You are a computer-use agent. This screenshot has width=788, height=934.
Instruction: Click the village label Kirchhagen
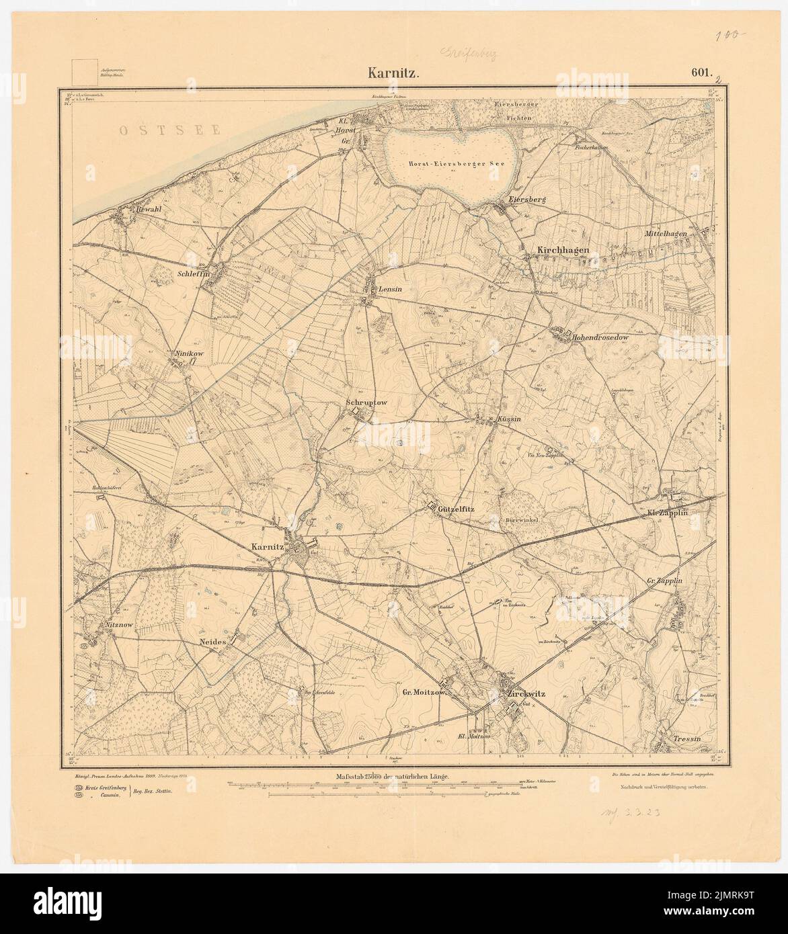[x=563, y=251]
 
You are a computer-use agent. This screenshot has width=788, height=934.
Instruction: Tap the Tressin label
[x=686, y=738]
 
